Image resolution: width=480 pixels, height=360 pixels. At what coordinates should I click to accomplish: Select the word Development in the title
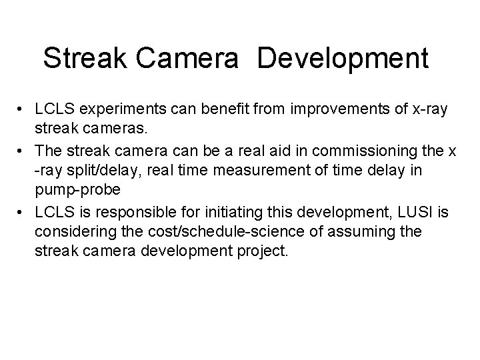tap(342, 59)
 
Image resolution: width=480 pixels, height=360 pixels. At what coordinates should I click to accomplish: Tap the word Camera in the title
tap(194, 59)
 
